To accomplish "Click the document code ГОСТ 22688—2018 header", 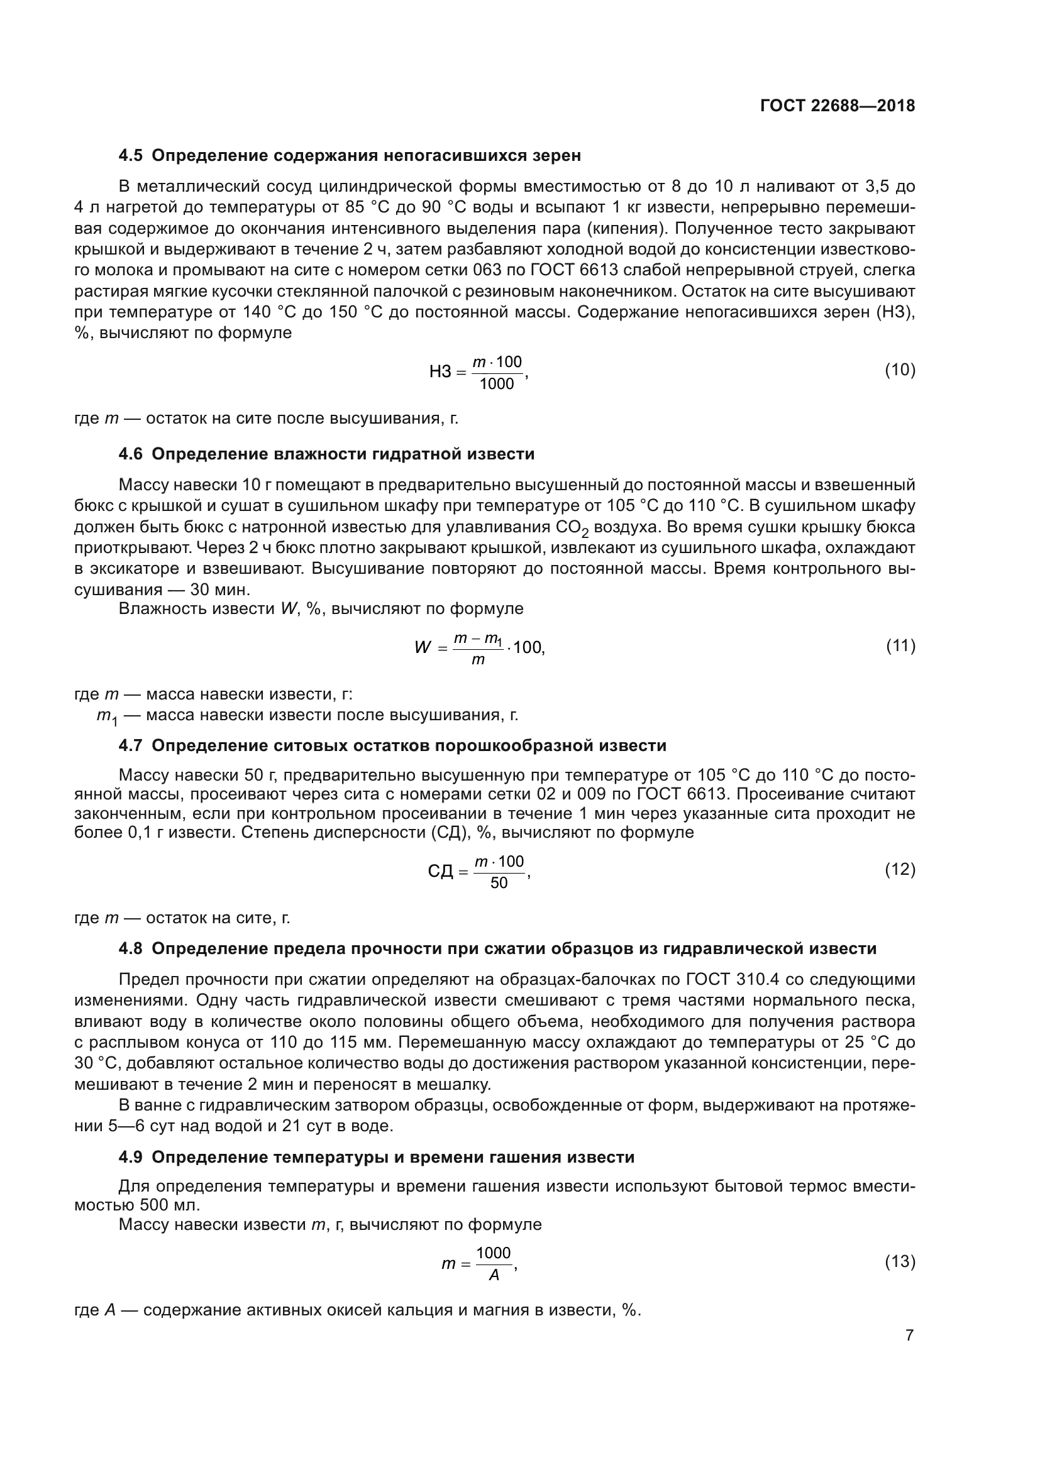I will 837,106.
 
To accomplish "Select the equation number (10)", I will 900,370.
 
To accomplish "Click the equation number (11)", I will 900,646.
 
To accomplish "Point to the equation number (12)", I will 900,869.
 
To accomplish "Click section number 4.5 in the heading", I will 131,156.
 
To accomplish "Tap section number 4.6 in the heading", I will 131,454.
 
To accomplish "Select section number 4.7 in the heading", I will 131,746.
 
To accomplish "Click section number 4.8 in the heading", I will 131,948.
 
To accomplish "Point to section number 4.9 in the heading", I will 131,1158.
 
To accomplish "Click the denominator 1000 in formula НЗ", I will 497,384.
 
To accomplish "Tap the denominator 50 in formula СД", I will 498,884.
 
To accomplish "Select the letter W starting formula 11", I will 422,647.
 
